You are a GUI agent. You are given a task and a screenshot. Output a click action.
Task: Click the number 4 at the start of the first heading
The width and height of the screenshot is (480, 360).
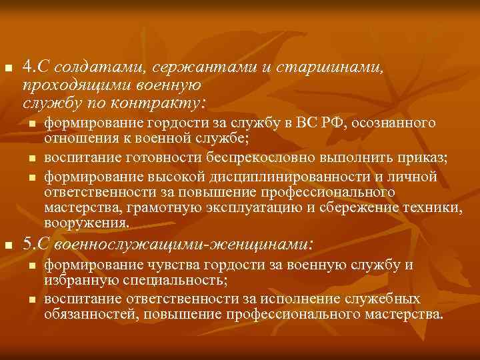coord(27,67)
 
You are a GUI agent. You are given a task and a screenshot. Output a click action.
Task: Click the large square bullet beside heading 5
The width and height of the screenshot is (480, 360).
coord(8,245)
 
